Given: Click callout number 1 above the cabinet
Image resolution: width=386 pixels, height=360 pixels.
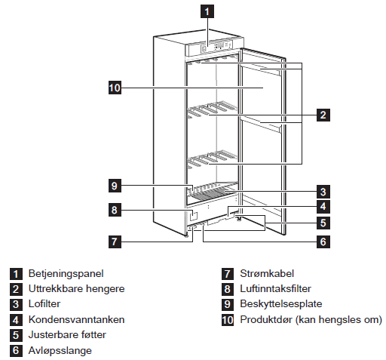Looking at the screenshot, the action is pyautogui.click(x=207, y=11).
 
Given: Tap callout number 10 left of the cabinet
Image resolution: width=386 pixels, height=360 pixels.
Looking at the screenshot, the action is pyautogui.click(x=115, y=88).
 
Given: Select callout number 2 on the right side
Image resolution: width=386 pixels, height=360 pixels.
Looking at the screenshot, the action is pyautogui.click(x=323, y=115).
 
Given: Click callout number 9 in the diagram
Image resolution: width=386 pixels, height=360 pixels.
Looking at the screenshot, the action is pyautogui.click(x=115, y=186).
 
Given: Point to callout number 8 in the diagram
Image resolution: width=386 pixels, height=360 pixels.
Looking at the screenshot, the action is pyautogui.click(x=115, y=210).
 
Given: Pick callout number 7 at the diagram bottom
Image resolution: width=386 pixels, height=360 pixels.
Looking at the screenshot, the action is pyautogui.click(x=115, y=242).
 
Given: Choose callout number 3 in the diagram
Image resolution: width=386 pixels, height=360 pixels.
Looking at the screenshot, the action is pyautogui.click(x=323, y=192).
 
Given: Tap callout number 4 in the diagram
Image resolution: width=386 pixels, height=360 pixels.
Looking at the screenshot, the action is pyautogui.click(x=323, y=206).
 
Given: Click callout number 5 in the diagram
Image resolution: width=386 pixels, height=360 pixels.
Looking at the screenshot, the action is pyautogui.click(x=323, y=223).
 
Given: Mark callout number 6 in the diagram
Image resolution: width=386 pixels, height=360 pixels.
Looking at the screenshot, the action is pyautogui.click(x=323, y=242).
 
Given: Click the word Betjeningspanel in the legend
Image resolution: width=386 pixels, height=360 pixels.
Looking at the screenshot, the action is pyautogui.click(x=66, y=274).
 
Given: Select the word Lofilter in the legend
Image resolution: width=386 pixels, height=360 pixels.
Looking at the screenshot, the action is pyautogui.click(x=44, y=304).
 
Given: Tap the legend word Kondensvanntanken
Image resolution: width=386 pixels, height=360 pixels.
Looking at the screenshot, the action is pyautogui.click(x=76, y=319).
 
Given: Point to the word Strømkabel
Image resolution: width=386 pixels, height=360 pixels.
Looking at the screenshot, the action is pyautogui.click(x=267, y=273).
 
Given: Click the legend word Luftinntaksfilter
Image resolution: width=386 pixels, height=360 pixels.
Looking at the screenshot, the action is pyautogui.click(x=275, y=289).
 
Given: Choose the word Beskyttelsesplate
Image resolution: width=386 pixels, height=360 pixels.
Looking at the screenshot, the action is pyautogui.click(x=281, y=304).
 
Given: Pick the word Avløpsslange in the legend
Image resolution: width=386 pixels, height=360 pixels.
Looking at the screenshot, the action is pyautogui.click(x=60, y=351).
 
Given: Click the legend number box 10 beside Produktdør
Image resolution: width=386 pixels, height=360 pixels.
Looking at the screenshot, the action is pyautogui.click(x=228, y=320).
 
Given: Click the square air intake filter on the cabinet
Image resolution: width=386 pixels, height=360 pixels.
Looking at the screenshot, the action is pyautogui.click(x=193, y=216).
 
